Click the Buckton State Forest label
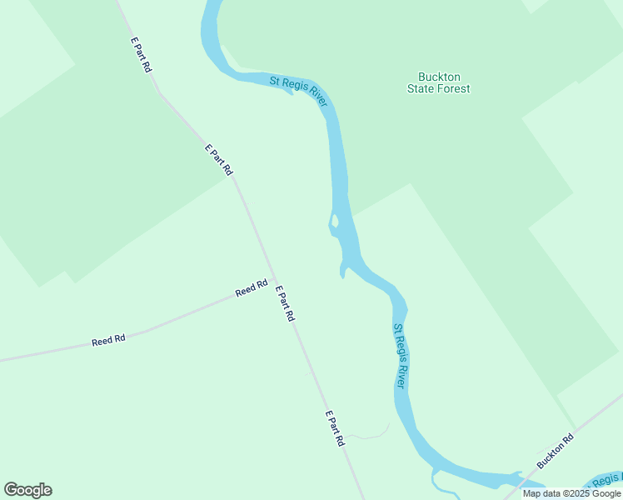pyautogui.click(x=438, y=82)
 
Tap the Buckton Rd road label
pyautogui.click(x=556, y=451)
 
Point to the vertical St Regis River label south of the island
pyautogui.click(x=400, y=356)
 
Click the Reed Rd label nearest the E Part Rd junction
pyautogui.click(x=251, y=288)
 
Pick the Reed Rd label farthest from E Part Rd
pyautogui.click(x=108, y=340)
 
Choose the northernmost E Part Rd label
pyautogui.click(x=140, y=54)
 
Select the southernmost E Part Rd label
pyautogui.click(x=334, y=428)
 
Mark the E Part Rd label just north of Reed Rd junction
pyautogui.click(x=218, y=159)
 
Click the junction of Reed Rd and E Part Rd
pyautogui.click(x=272, y=280)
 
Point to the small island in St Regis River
pyautogui.click(x=335, y=222)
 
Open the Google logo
pyautogui.click(x=27, y=490)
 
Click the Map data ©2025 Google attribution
pyautogui.click(x=572, y=493)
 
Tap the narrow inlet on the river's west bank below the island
pyautogui.click(x=342, y=271)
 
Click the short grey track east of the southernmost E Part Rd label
pyautogui.click(x=371, y=434)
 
